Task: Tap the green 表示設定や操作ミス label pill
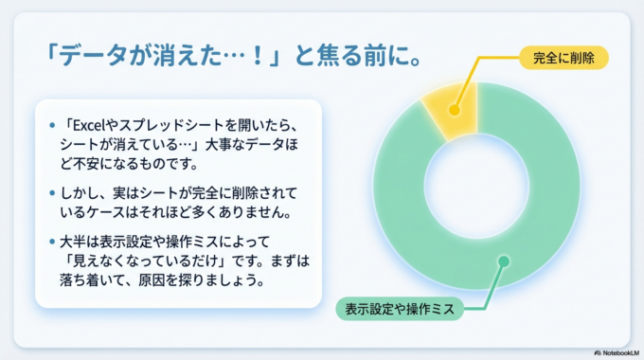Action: pos(399,309)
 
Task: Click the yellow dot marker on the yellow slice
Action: pos(455,110)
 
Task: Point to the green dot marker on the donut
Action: pos(504,260)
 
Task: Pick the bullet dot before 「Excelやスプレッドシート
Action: pos(50,124)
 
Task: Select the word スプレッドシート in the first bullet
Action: pos(166,123)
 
